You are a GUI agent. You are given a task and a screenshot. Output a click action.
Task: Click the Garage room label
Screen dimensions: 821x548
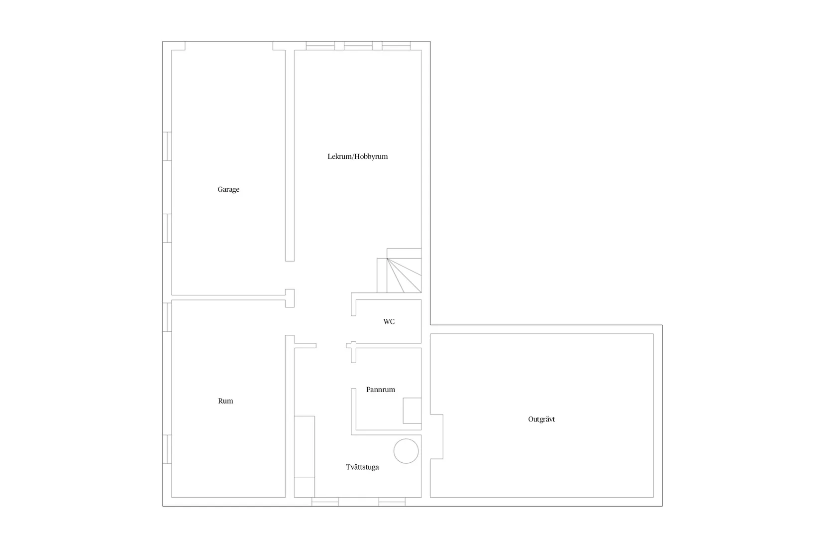click(x=228, y=189)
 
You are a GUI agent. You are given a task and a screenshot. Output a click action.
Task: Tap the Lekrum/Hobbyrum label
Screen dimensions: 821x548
click(x=357, y=156)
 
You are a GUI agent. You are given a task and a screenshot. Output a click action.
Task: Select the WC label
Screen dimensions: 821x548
click(x=389, y=321)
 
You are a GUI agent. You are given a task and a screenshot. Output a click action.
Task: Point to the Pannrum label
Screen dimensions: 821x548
click(x=381, y=390)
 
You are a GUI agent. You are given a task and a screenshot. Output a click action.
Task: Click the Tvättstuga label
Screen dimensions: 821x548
click(x=362, y=467)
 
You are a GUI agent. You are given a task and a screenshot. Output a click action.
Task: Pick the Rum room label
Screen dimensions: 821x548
click(x=225, y=401)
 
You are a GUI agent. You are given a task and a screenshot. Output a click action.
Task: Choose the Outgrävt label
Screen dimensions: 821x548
click(x=541, y=419)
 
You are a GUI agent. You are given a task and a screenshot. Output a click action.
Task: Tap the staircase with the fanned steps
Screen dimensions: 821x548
click(x=399, y=271)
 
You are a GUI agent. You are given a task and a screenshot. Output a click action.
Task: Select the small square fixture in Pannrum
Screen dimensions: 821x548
click(x=412, y=411)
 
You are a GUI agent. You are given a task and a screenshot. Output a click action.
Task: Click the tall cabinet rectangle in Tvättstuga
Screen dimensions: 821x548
click(x=304, y=447)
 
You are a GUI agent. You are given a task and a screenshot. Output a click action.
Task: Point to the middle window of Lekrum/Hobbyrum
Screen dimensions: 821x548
click(x=358, y=45)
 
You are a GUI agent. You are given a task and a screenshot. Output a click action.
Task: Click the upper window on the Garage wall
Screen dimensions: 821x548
click(x=167, y=146)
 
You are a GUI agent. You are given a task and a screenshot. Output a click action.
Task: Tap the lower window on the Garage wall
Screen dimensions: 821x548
click(x=167, y=228)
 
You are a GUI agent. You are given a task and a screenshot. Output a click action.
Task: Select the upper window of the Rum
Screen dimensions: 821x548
click(x=167, y=317)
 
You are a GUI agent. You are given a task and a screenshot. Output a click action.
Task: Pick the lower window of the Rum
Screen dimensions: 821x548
click(x=167, y=449)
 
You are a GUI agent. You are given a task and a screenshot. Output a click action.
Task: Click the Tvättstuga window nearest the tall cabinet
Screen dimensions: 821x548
click(x=325, y=502)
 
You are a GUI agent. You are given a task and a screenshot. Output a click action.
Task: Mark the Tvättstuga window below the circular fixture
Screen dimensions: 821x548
click(x=392, y=502)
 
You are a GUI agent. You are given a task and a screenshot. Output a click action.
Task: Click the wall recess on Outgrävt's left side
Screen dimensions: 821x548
click(x=436, y=436)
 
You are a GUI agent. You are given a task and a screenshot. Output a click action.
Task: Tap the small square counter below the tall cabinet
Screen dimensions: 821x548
click(x=304, y=487)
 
